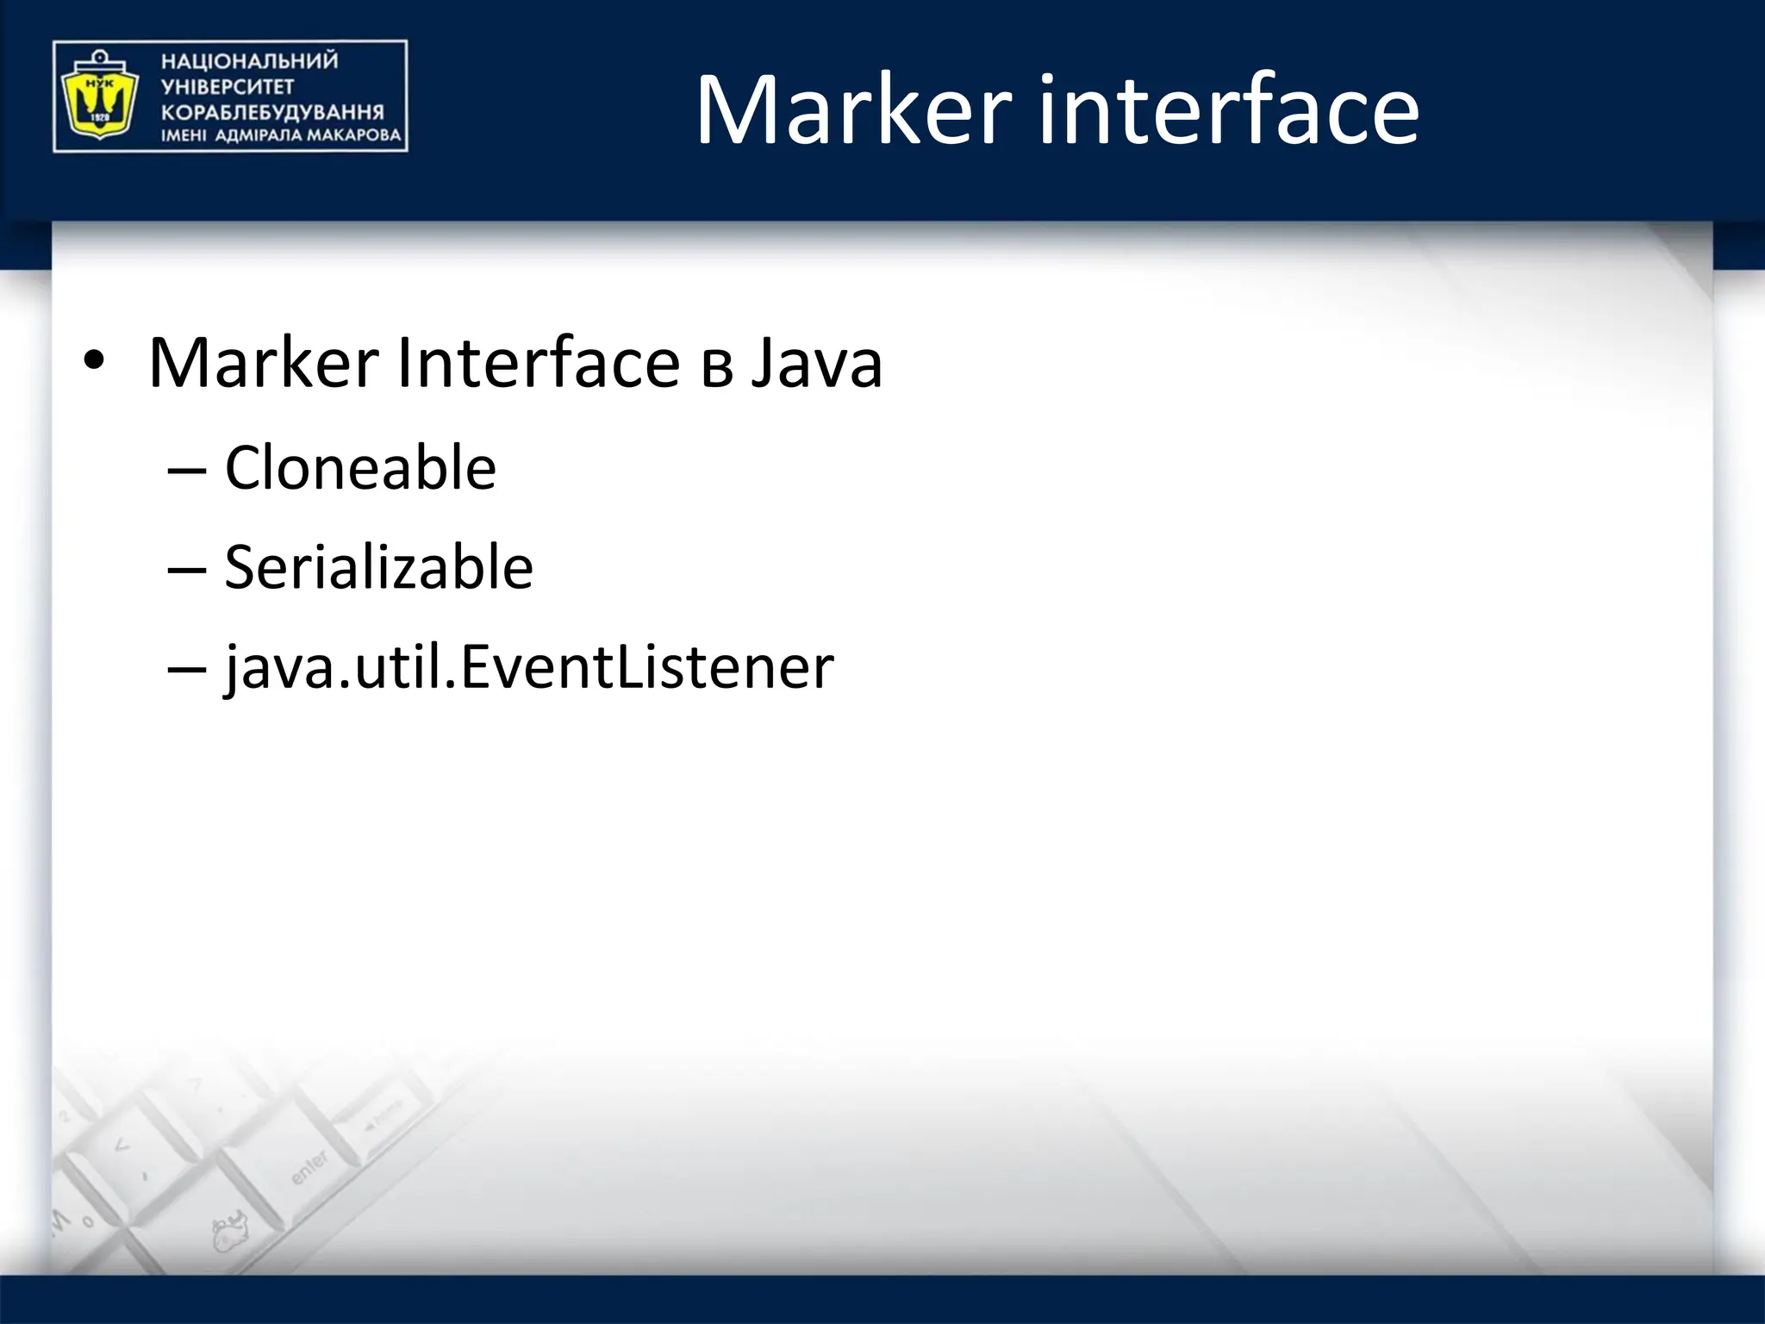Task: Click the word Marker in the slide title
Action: pos(853,110)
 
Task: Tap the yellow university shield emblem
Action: pos(97,97)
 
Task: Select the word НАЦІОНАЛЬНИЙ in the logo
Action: pos(250,61)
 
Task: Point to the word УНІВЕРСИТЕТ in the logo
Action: pos(228,86)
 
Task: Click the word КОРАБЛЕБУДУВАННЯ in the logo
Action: pos(272,112)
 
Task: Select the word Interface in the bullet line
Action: pos(538,363)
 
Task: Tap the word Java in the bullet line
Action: pos(817,363)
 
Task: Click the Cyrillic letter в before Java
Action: pos(717,366)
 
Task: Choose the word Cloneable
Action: pos(360,468)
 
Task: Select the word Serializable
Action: pos(378,568)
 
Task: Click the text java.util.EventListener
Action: pos(528,667)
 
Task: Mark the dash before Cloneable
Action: pos(186,471)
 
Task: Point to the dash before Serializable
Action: pos(186,570)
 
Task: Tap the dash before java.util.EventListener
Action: pos(186,669)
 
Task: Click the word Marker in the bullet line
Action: pos(263,363)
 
